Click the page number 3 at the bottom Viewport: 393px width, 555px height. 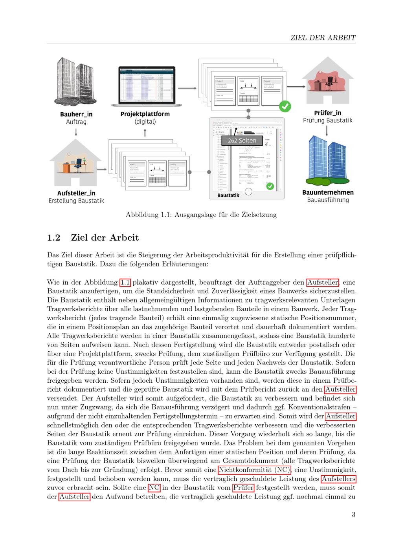[x=353, y=514]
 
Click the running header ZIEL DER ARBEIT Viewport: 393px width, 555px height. [x=323, y=38]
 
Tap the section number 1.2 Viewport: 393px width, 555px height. [x=53, y=237]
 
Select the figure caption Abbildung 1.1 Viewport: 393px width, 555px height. [x=201, y=215]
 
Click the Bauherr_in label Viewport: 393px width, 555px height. [x=76, y=115]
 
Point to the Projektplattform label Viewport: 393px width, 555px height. [x=145, y=114]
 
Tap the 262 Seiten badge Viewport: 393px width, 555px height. [x=242, y=141]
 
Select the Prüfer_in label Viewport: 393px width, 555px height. [x=327, y=113]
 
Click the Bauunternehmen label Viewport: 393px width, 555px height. [x=328, y=192]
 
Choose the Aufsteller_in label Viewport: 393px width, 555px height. [x=76, y=193]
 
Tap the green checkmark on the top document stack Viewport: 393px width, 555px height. [x=285, y=106]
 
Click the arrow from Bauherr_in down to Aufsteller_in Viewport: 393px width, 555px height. [x=76, y=133]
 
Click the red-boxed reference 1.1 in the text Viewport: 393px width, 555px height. [x=125, y=282]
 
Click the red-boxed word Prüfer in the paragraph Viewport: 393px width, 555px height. [x=243, y=488]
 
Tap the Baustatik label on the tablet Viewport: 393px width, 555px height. [x=228, y=195]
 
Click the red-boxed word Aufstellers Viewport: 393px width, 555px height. [x=338, y=479]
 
